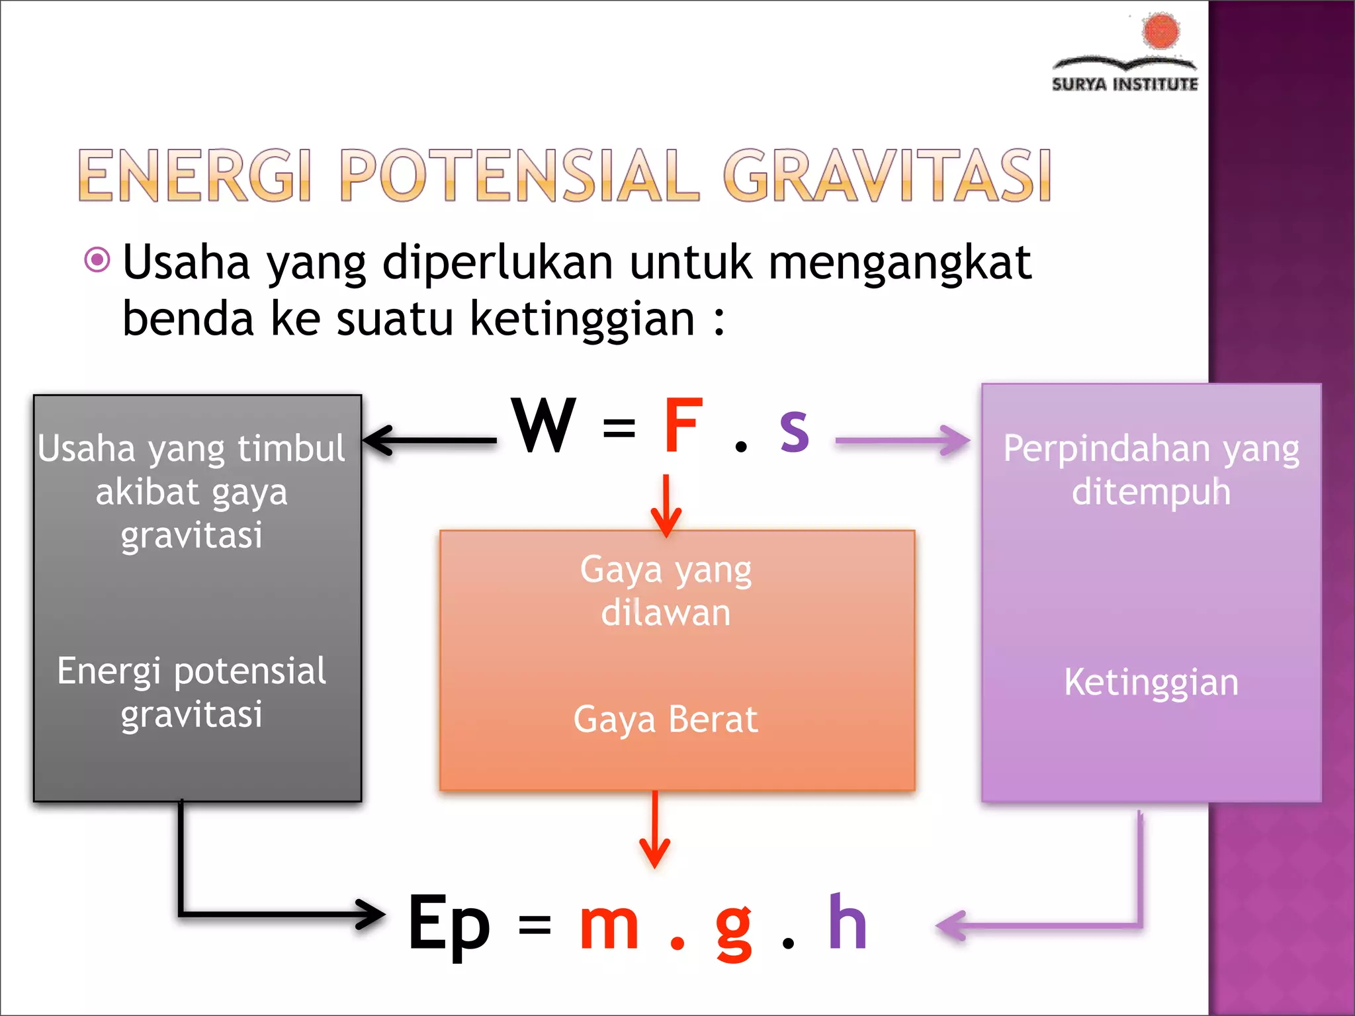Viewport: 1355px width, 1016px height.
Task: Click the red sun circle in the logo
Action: click(x=1160, y=31)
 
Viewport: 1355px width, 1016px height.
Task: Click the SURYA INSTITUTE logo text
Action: click(x=1125, y=84)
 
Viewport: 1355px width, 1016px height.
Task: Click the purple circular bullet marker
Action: click(x=97, y=259)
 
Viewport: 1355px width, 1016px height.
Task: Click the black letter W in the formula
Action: click(x=544, y=426)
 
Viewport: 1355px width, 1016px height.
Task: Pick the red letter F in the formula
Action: click(x=682, y=426)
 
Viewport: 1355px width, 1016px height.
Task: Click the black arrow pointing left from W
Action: click(x=430, y=440)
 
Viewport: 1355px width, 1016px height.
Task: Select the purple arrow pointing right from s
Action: click(x=902, y=440)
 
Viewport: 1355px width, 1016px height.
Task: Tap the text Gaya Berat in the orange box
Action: click(x=666, y=719)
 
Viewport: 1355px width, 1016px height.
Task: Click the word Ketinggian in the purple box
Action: click(x=1151, y=682)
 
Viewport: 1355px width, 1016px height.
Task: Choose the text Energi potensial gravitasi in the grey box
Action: click(x=192, y=692)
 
